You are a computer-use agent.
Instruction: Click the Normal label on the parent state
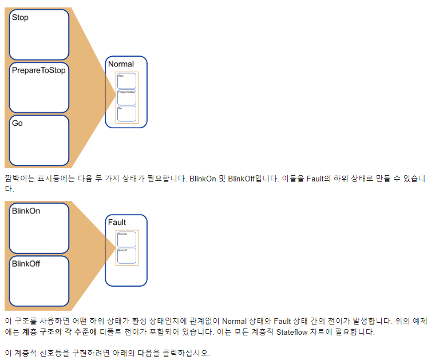(121, 64)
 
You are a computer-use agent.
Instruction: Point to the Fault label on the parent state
(117, 222)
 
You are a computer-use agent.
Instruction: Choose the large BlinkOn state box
(39, 228)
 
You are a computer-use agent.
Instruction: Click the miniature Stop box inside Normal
(126, 80)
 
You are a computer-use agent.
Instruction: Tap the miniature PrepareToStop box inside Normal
(126, 97)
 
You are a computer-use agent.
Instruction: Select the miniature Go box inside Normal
(126, 113)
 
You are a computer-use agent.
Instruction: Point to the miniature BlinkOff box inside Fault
(126, 256)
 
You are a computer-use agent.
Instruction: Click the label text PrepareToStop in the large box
(38, 70)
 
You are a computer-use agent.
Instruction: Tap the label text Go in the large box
(17, 123)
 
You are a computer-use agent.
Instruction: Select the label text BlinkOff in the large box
(26, 264)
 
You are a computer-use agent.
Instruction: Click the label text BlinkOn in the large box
(26, 211)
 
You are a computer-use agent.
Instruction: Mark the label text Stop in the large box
(20, 18)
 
